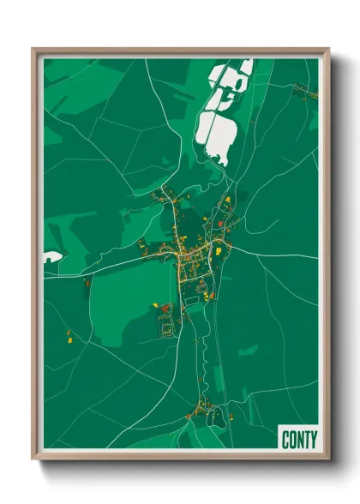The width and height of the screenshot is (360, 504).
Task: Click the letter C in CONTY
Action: [285, 439]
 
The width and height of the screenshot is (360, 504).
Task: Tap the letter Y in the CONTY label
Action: [312, 439]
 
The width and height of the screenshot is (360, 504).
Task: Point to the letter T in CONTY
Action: [305, 439]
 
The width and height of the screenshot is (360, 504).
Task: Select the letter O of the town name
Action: [291, 439]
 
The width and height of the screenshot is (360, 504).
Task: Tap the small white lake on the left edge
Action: [51, 256]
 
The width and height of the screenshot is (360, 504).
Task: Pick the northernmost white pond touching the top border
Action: [245, 66]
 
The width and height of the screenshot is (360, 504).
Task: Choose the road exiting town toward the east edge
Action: [274, 256]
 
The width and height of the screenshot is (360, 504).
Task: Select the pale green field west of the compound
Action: [120, 300]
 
